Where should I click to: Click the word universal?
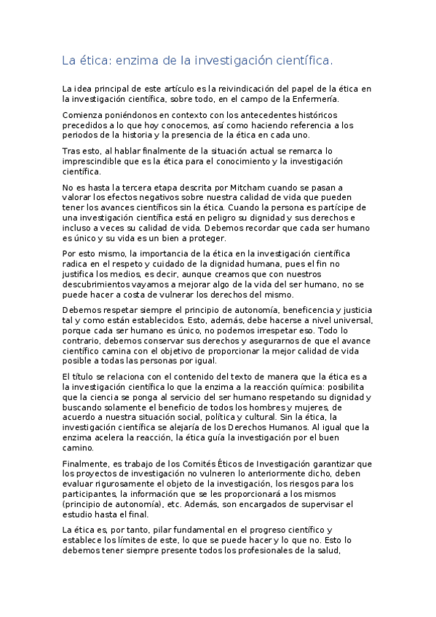[x=352, y=321]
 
